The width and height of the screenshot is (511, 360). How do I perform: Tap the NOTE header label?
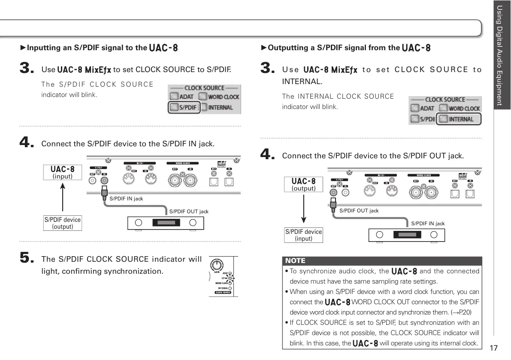point(296,260)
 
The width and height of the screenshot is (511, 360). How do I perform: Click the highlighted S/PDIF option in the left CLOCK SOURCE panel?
point(184,107)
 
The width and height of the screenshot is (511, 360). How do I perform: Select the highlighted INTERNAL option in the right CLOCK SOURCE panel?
point(458,119)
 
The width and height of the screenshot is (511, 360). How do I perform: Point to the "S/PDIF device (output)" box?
point(63,223)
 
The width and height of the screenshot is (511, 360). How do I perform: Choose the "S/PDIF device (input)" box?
point(303,235)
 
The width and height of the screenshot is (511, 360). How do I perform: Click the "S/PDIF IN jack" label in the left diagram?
point(126,199)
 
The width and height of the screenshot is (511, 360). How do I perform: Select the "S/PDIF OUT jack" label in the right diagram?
point(359,211)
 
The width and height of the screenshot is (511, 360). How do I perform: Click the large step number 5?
point(27,258)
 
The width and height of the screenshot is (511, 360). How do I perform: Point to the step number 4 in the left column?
point(27,143)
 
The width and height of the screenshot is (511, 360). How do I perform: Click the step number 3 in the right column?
point(268,69)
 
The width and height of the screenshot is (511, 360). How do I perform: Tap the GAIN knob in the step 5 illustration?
point(218,265)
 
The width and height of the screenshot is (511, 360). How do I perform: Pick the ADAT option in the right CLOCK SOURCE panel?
point(422,109)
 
